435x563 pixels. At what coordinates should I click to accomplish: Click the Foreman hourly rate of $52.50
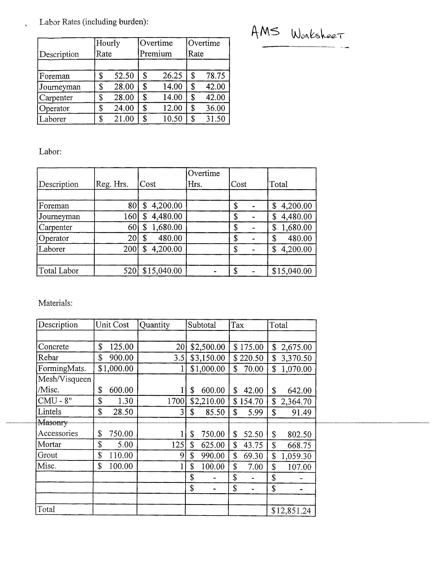point(124,76)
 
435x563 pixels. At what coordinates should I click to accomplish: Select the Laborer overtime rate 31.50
point(215,119)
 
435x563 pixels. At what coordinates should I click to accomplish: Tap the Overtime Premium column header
point(156,48)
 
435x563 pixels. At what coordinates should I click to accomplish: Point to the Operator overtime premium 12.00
point(172,108)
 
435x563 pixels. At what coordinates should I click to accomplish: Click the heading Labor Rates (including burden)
point(94,22)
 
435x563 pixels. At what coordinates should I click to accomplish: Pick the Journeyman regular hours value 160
point(130,216)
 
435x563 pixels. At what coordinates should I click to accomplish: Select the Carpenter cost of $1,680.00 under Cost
point(167,227)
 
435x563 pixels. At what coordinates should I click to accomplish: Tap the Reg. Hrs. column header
point(112,184)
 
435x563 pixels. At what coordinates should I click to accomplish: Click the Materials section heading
point(56,303)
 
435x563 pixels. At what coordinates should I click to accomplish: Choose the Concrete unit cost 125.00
point(121,347)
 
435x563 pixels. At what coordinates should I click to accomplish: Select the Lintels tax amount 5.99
point(255,412)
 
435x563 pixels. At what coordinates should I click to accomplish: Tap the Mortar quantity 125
point(178,445)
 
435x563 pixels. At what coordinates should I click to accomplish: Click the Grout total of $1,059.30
point(296,456)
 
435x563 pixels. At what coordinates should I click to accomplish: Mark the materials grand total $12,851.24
point(291,511)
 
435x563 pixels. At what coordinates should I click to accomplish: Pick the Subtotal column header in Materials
point(202,325)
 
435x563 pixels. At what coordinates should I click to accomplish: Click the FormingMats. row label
point(62,368)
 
